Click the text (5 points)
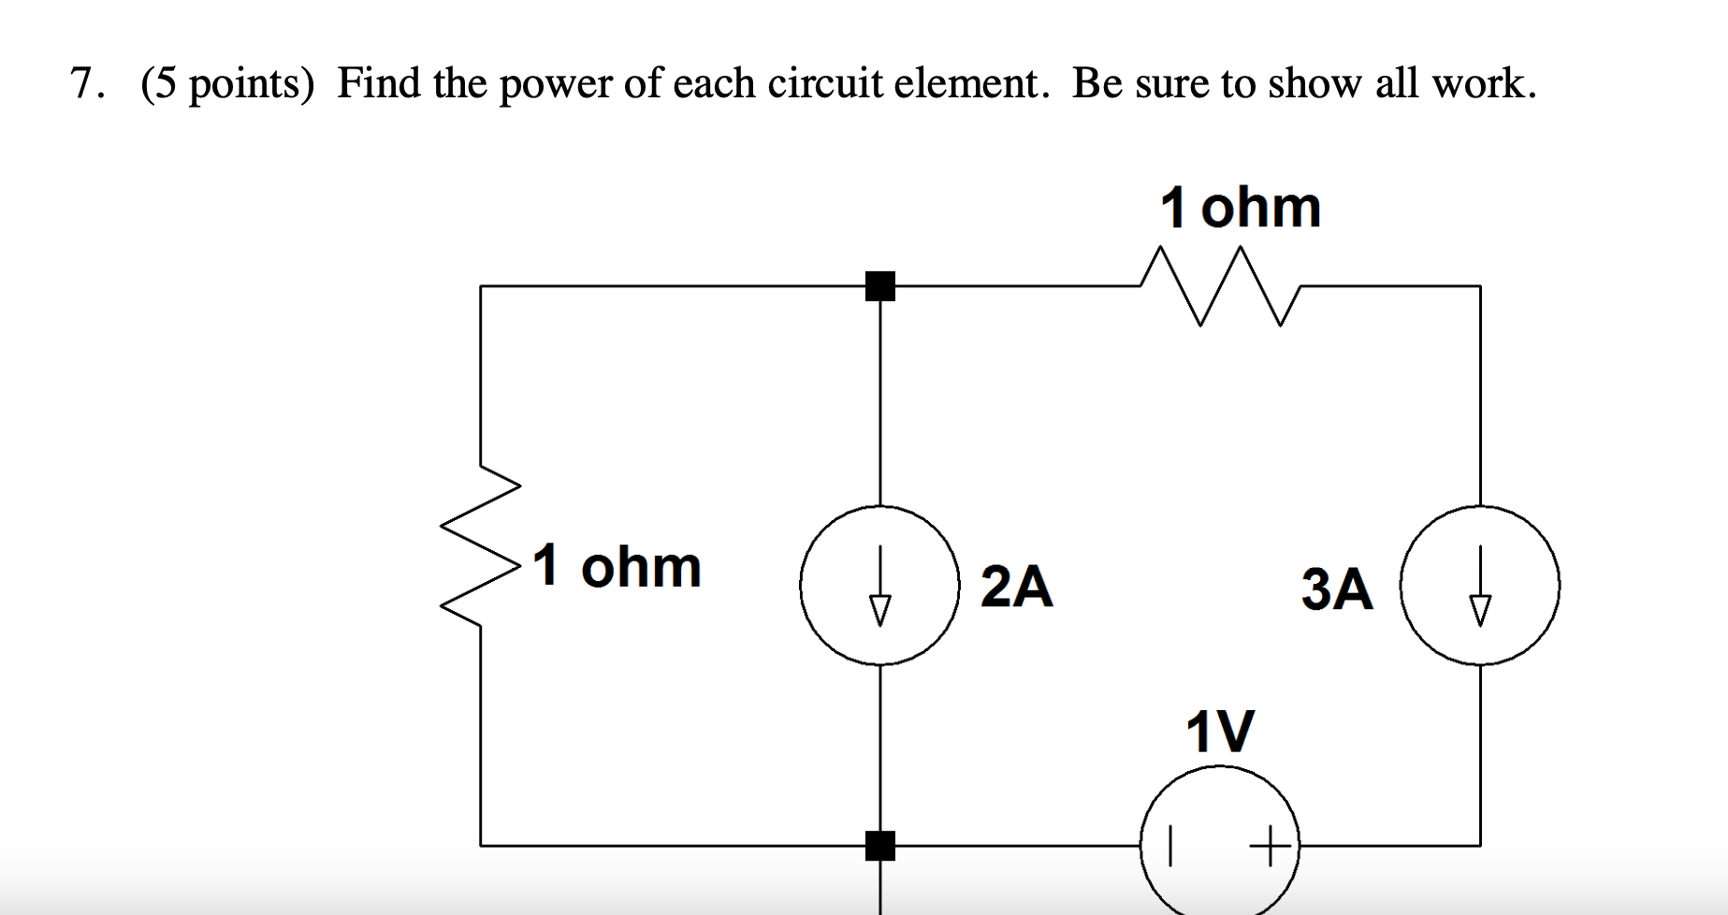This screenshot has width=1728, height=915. pos(227,84)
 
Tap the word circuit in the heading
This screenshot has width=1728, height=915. pos(824,84)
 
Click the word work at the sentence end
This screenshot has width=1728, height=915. pos(1483,84)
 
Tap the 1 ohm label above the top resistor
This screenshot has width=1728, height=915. pos(1240,207)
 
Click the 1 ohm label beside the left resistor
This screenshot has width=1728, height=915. pos(617,567)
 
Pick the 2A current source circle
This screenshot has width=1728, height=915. pos(879,586)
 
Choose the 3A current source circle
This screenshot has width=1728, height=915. pos(1479,586)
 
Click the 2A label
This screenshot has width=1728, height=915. pos(1016,588)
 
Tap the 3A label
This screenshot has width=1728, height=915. pos(1337,589)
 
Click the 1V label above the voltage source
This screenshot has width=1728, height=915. pos(1219,731)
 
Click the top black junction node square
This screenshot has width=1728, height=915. pos(879,286)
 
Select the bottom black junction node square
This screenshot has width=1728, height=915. pos(879,845)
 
